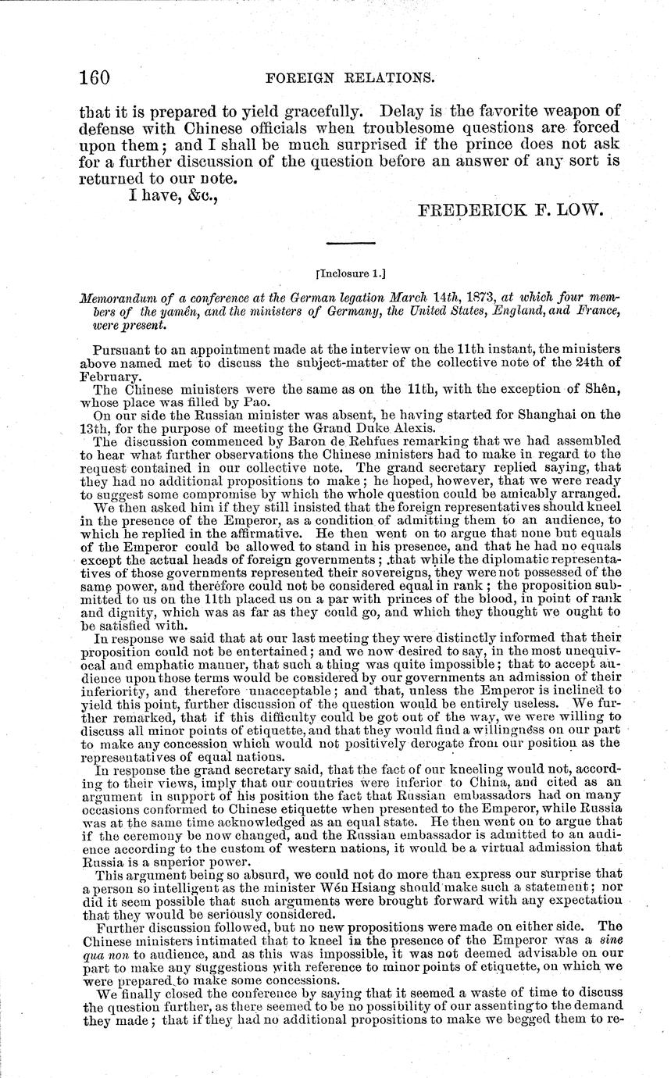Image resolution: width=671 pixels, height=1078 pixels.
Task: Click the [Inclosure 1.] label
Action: coord(337,275)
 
